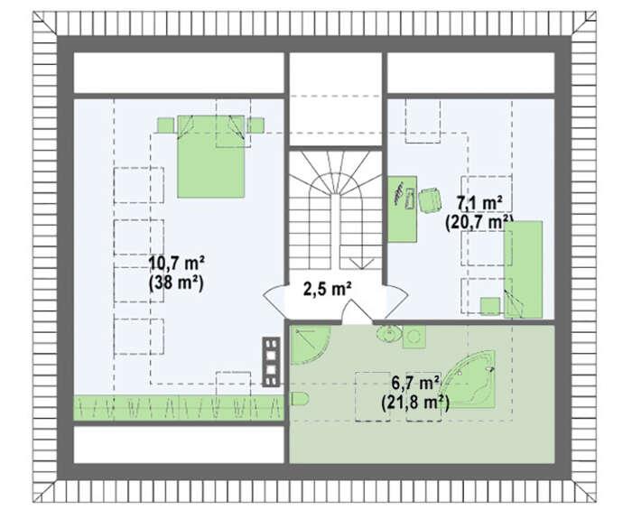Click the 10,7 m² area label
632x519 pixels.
(x=177, y=264)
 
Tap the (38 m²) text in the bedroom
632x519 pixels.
(x=177, y=283)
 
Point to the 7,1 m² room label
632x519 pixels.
(x=479, y=203)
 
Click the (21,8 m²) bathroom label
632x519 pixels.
(x=415, y=403)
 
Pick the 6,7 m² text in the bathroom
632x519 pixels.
(x=415, y=384)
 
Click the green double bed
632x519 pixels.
(x=210, y=156)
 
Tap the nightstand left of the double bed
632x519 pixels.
(x=165, y=125)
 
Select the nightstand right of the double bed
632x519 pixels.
(x=256, y=125)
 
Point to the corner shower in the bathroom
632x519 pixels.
(x=309, y=343)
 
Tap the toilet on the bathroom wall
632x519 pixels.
(x=300, y=399)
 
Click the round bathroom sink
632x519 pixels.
(x=389, y=334)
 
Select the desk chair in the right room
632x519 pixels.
(x=429, y=200)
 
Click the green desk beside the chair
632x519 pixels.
(x=403, y=209)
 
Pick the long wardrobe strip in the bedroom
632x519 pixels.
(x=179, y=408)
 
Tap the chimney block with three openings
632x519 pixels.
(x=271, y=362)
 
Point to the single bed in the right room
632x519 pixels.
(x=523, y=270)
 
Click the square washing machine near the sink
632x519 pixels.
(x=414, y=337)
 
